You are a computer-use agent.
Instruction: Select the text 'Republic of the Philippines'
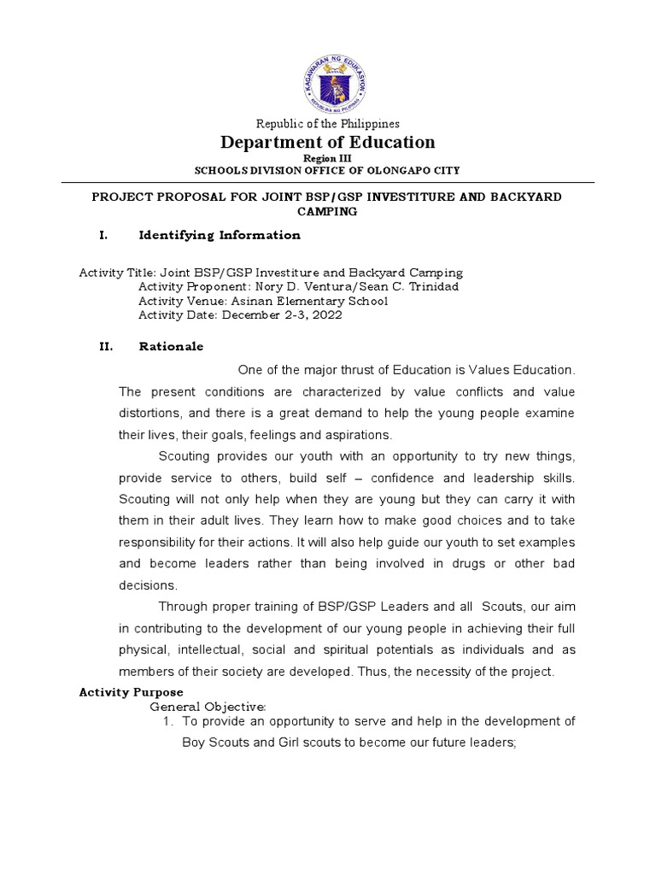point(328,124)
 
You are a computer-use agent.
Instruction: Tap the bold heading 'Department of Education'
point(328,142)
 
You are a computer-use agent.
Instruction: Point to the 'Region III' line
point(328,159)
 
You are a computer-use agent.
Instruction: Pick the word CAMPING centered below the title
point(327,210)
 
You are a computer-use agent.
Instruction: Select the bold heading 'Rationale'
point(171,347)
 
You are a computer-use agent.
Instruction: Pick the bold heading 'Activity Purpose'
point(131,692)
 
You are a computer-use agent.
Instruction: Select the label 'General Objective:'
point(208,707)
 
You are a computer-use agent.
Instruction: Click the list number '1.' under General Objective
point(168,721)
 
